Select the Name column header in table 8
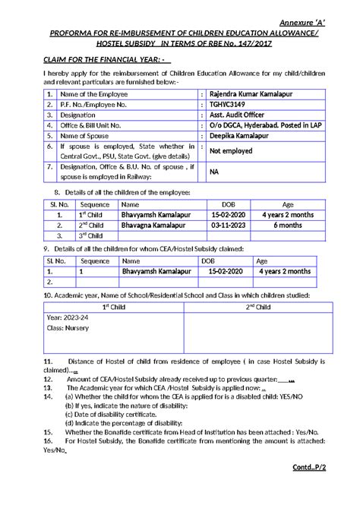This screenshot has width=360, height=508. tap(130, 204)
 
